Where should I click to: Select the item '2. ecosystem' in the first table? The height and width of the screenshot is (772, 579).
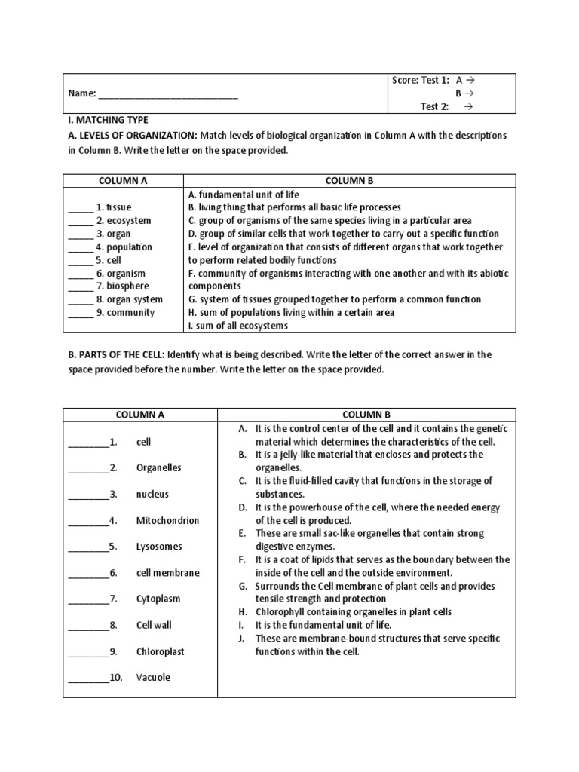(123, 221)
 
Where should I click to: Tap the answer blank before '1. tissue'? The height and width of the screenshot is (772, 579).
(80, 207)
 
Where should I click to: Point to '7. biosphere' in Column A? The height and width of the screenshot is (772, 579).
(122, 286)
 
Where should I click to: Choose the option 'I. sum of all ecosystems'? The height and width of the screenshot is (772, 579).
(237, 326)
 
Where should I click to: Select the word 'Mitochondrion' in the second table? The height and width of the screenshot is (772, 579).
(167, 520)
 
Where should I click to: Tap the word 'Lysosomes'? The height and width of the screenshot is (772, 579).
(158, 547)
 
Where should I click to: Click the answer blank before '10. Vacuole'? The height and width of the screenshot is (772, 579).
(88, 678)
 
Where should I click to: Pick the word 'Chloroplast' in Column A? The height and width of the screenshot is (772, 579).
(160, 651)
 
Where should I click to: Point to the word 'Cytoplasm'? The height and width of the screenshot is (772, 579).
(159, 599)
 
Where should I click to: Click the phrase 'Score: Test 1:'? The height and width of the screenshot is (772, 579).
(421, 81)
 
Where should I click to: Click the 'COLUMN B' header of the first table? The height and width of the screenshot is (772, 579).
(349, 181)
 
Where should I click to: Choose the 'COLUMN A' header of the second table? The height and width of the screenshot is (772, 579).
(139, 415)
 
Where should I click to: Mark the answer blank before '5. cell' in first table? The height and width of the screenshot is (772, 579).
(80, 260)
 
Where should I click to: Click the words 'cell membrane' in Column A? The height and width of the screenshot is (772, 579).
(167, 573)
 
